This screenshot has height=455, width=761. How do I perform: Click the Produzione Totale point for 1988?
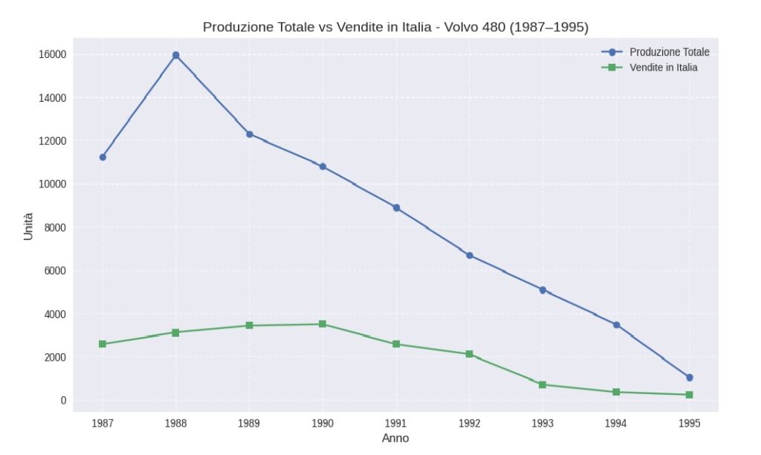(175, 55)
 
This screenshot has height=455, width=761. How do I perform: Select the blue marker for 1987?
(103, 157)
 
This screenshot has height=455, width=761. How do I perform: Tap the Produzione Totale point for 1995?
(689, 378)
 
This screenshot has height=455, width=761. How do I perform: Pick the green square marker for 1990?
(323, 324)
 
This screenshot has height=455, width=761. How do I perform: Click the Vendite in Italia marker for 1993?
(543, 384)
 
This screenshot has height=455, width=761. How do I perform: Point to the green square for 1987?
(103, 344)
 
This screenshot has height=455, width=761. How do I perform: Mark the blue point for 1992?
(469, 255)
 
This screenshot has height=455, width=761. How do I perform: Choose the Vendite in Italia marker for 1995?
(689, 395)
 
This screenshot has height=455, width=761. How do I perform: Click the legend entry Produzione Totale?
(669, 52)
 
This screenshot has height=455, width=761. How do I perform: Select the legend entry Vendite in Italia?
(663, 68)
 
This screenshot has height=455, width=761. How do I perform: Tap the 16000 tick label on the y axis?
(53, 54)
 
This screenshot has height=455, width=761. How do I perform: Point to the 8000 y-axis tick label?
(55, 227)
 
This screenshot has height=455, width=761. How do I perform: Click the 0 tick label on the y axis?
(63, 401)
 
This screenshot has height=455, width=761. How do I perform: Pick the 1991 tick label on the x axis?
(395, 423)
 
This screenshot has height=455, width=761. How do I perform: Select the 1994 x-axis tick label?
(615, 423)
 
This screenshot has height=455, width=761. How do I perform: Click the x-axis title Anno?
(395, 439)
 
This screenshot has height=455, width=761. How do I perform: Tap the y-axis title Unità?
(28, 226)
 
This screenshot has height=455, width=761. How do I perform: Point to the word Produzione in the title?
(236, 28)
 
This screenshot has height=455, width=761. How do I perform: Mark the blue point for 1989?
(249, 134)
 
